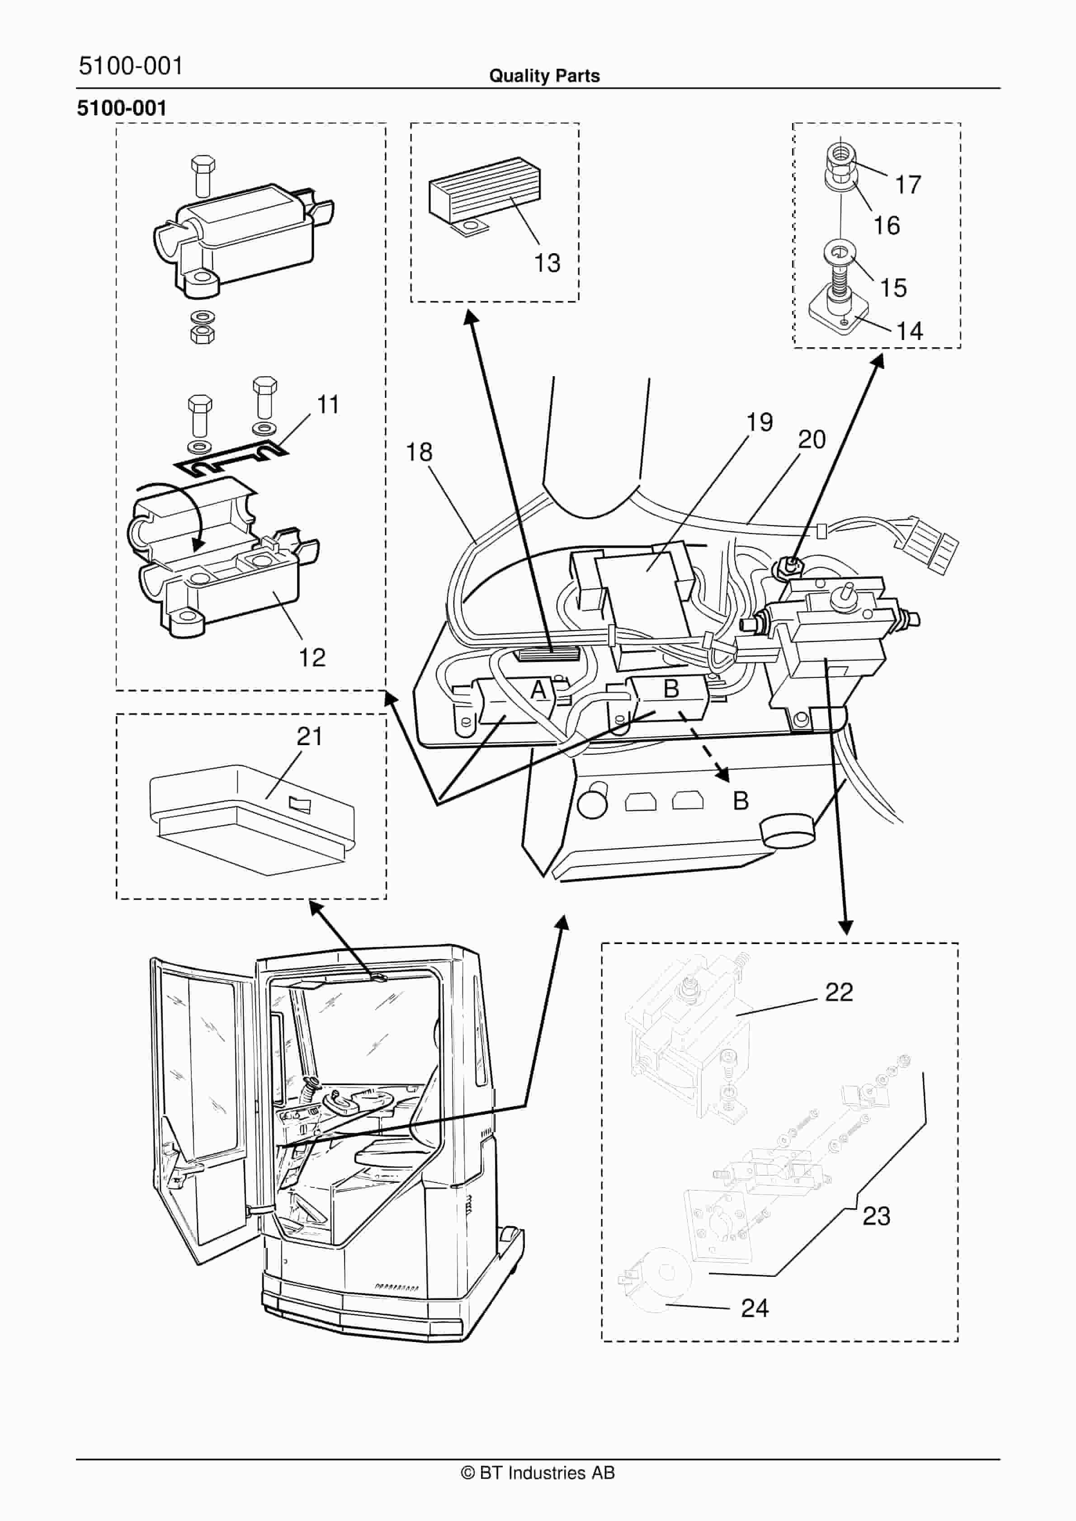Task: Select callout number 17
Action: pos(908,185)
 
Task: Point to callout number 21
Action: pos(309,736)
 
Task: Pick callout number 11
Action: pos(328,404)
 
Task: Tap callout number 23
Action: pos(876,1216)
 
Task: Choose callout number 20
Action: pos(812,439)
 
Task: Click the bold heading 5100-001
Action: pos(122,108)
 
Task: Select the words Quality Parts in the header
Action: pos(544,76)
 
